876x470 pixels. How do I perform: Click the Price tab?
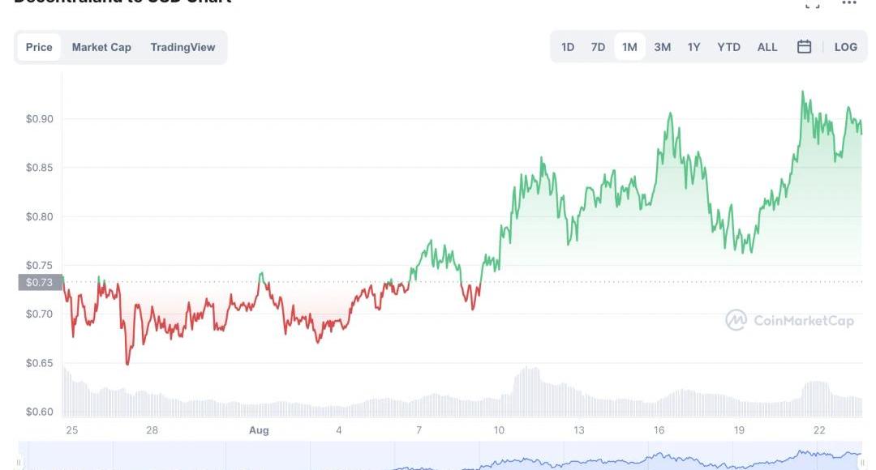(39, 47)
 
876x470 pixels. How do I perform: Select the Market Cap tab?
(101, 47)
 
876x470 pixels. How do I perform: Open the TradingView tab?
(182, 47)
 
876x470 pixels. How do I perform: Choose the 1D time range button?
(568, 47)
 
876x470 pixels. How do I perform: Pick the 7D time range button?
(598, 47)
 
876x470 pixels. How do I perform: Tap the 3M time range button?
(662, 47)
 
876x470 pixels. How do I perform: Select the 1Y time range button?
(693, 47)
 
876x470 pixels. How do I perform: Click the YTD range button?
(728, 47)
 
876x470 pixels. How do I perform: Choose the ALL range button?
(767, 47)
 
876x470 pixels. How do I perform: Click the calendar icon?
(804, 47)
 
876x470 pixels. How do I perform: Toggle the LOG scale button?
(845, 47)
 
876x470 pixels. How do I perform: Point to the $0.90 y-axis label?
(39, 119)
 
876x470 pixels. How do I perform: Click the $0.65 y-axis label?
(39, 363)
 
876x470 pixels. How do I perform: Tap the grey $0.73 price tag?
(40, 282)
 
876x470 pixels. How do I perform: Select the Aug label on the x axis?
(259, 430)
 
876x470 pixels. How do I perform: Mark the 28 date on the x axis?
(152, 430)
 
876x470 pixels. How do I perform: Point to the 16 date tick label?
(659, 430)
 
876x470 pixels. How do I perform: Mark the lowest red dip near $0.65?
(127, 364)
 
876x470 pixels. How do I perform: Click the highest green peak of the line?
(802, 92)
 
